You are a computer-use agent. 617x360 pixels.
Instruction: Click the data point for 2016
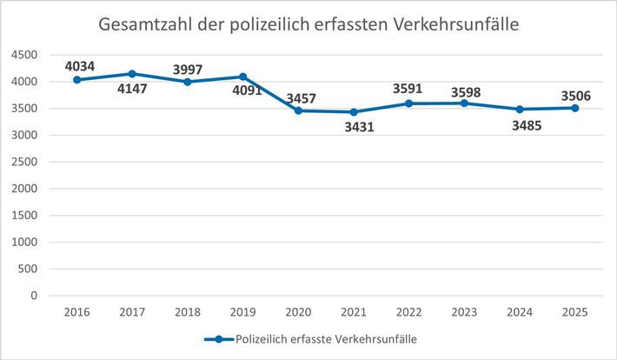coord(77,79)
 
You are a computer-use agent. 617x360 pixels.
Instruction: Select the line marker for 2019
coord(242,77)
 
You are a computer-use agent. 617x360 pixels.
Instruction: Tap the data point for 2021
coord(353,111)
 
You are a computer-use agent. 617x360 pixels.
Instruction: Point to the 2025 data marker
coord(574,108)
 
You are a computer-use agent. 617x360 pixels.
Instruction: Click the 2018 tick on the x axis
coord(188,311)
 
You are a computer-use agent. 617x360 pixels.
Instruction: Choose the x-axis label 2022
coord(408,311)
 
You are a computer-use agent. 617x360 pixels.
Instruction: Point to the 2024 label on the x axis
coord(519,311)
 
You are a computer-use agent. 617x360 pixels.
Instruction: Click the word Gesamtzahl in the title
coord(144,25)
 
